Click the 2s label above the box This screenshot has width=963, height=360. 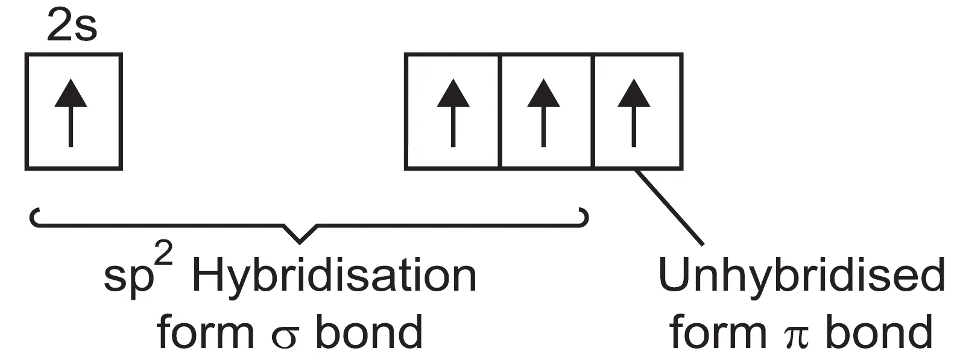click(x=72, y=28)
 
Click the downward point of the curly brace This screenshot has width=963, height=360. click(x=300, y=240)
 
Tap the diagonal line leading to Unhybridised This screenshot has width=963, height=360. click(x=670, y=207)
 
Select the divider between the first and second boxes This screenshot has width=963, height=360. click(x=500, y=112)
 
